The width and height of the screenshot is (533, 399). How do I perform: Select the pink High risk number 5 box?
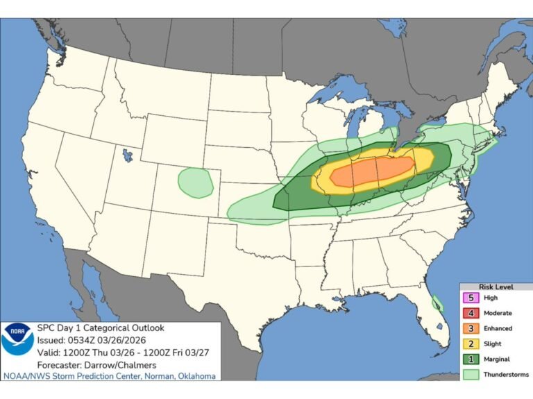click(471, 298)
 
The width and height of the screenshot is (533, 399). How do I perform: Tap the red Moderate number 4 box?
click(471, 313)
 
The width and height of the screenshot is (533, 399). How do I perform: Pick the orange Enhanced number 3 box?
click(471, 328)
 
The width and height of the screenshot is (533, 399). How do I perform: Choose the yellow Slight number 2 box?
click(471, 343)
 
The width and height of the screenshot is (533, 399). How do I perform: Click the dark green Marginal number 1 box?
click(471, 359)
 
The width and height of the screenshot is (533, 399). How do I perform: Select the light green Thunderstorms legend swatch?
click(471, 374)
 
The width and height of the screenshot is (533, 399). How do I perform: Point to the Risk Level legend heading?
click(496, 286)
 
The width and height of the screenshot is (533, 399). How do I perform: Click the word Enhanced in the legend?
click(498, 328)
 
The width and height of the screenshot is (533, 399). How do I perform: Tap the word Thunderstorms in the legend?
click(506, 374)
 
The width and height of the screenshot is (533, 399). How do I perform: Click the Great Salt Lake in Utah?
click(126, 154)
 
